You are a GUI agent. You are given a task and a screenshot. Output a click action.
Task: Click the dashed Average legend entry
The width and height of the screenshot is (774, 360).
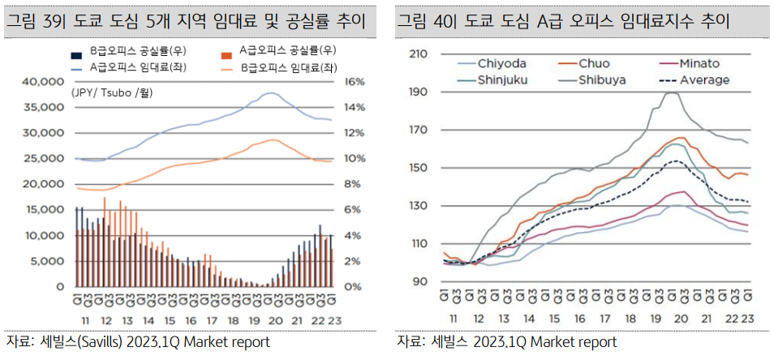[x=703, y=79]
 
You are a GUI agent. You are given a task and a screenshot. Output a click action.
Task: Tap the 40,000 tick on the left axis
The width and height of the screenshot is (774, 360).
[x=44, y=82]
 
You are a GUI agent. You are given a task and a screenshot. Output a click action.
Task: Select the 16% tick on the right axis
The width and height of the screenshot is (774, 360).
[x=356, y=82]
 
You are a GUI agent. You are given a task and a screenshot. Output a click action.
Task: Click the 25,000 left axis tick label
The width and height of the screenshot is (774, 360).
[x=44, y=159]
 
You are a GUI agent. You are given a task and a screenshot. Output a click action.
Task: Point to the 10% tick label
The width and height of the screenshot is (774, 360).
[x=356, y=159]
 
